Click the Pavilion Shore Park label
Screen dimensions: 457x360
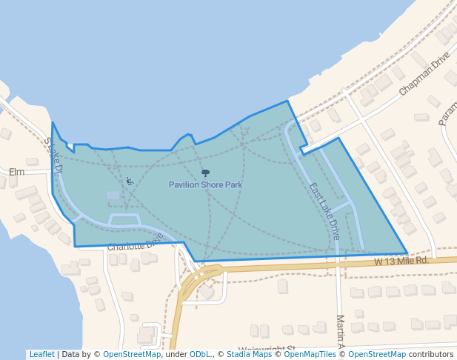point(205,184)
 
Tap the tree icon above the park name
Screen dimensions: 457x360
point(205,173)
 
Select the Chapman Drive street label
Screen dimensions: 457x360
point(424,73)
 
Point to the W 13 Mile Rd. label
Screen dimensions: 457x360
point(401,261)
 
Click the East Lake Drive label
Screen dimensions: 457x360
point(324,211)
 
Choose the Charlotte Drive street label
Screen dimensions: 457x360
point(135,243)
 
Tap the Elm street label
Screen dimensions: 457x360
point(16,172)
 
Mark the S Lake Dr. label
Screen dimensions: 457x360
point(53,155)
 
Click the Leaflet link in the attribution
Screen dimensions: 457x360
point(41,354)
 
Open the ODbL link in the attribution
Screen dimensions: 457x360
point(199,354)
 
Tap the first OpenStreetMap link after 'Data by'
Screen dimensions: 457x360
point(132,354)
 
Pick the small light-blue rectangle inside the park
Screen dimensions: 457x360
point(113,196)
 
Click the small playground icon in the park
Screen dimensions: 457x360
point(130,181)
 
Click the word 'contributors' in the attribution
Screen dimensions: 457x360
point(431,354)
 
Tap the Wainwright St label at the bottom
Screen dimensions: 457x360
point(267,349)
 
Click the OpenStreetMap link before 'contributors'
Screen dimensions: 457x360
point(377,354)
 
